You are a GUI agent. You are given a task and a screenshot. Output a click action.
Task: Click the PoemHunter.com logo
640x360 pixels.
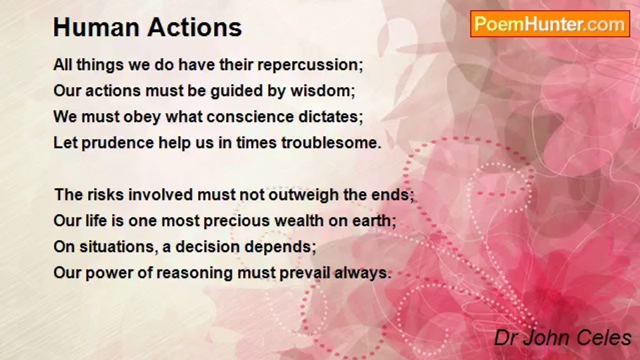[550, 24]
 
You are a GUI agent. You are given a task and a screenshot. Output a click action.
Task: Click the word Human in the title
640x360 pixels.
[97, 27]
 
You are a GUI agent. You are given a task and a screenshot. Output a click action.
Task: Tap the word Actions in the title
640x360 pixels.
[194, 27]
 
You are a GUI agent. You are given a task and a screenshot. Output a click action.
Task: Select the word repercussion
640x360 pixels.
[310, 65]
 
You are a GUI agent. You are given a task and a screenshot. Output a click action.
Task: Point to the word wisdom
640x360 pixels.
[322, 91]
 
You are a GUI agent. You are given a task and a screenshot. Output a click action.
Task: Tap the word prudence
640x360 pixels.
[118, 143]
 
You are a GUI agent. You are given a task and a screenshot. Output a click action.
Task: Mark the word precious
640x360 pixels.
[236, 221]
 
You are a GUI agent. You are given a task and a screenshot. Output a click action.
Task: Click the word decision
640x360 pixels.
[207, 247]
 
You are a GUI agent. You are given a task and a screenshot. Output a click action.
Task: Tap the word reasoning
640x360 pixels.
[194, 273]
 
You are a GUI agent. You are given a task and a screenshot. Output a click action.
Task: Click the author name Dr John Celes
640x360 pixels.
[563, 338]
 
